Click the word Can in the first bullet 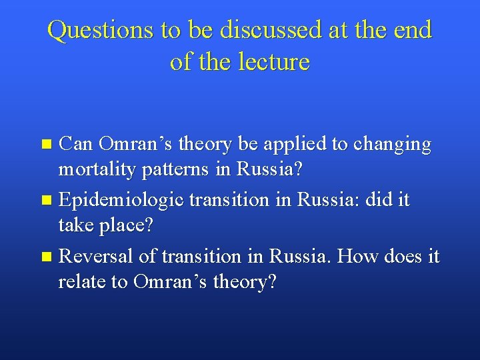76,144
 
